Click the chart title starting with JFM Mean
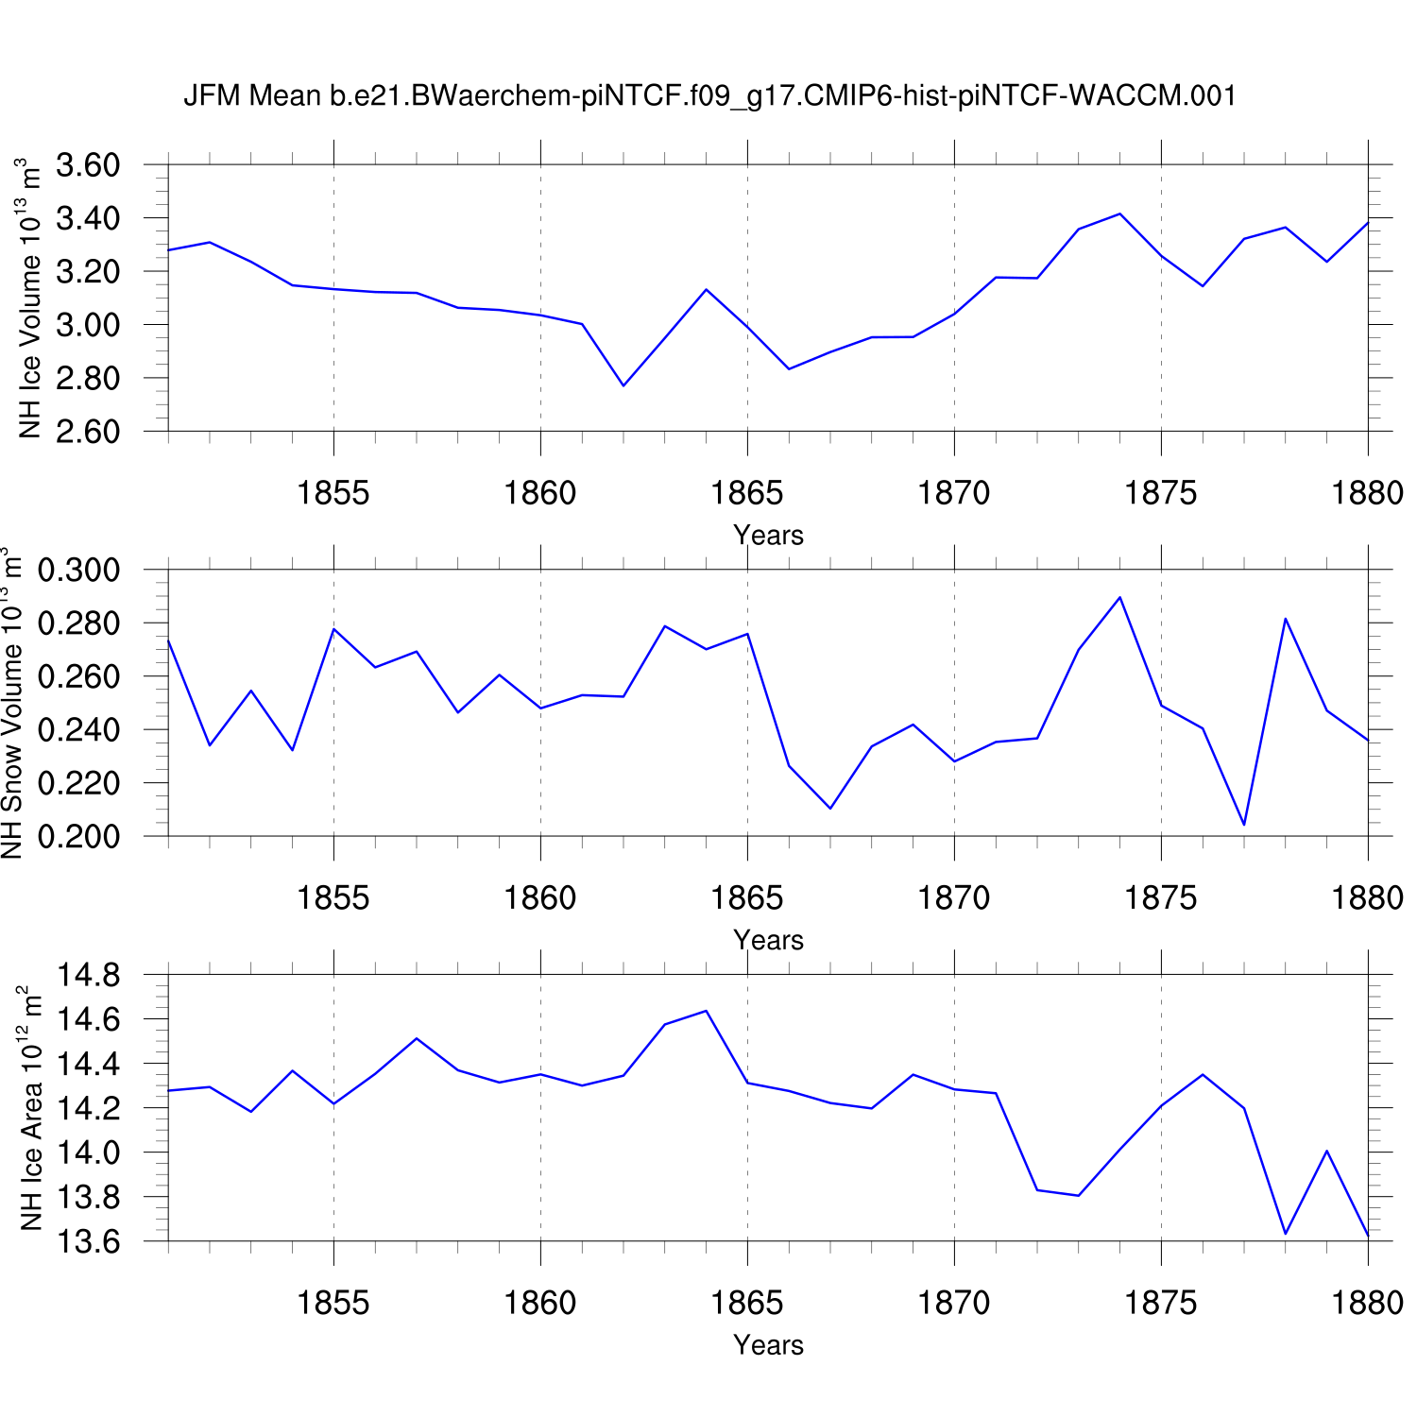point(709,95)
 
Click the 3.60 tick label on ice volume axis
point(88,165)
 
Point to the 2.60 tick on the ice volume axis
point(88,432)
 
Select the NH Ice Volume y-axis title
point(30,298)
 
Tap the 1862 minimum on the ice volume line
point(623,385)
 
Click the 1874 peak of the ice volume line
point(1119,213)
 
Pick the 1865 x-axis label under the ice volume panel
point(746,492)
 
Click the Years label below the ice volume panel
point(768,535)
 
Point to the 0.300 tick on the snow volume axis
point(79,571)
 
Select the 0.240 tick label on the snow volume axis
point(79,730)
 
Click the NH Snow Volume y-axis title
point(11,703)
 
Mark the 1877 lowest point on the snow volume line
point(1244,825)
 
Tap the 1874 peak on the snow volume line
point(1119,597)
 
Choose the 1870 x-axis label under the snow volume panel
point(954,897)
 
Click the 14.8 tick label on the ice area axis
point(88,975)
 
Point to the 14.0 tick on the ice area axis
point(88,1152)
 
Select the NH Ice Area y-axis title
point(30,1107)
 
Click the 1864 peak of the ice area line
point(706,1011)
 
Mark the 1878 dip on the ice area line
point(1286,1233)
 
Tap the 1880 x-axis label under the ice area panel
point(1367,1303)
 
